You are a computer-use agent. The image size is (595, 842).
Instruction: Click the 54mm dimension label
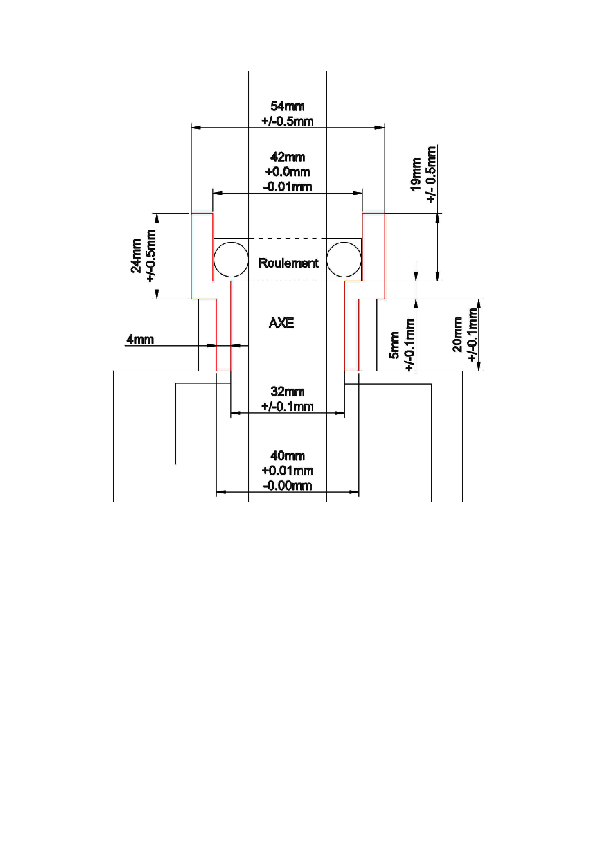[x=287, y=106]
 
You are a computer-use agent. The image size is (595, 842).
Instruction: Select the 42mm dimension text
[x=287, y=157]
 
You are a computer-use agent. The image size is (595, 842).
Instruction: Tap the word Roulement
[x=288, y=263]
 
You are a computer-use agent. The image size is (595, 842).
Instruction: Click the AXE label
[x=281, y=323]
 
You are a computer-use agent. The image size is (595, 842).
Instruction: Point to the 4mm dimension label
[x=140, y=339]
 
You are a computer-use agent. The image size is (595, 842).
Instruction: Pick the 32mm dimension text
[x=287, y=391]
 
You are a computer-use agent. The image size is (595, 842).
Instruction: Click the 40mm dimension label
[x=287, y=456]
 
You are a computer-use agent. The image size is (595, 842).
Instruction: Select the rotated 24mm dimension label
[x=137, y=256]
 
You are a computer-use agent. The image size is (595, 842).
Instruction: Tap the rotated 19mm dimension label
[x=416, y=174]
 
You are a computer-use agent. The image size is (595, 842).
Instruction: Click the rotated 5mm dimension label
[x=395, y=345]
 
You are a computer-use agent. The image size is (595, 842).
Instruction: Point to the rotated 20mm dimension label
[x=458, y=334]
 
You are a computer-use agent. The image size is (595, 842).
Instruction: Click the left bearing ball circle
[x=231, y=259]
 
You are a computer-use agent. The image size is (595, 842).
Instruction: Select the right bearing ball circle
[x=344, y=259]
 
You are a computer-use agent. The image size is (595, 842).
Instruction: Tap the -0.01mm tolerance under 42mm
[x=287, y=187]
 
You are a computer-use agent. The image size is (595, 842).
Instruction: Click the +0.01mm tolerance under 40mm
[x=287, y=471]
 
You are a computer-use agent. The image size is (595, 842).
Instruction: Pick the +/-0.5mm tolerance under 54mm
[x=287, y=121]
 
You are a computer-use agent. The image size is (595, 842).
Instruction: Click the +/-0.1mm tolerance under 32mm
[x=287, y=407]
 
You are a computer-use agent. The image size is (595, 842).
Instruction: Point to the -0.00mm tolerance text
[x=287, y=485]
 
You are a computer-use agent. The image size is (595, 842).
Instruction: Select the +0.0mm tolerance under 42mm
[x=287, y=172]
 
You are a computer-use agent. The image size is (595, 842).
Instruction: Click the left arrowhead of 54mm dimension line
[x=196, y=127]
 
